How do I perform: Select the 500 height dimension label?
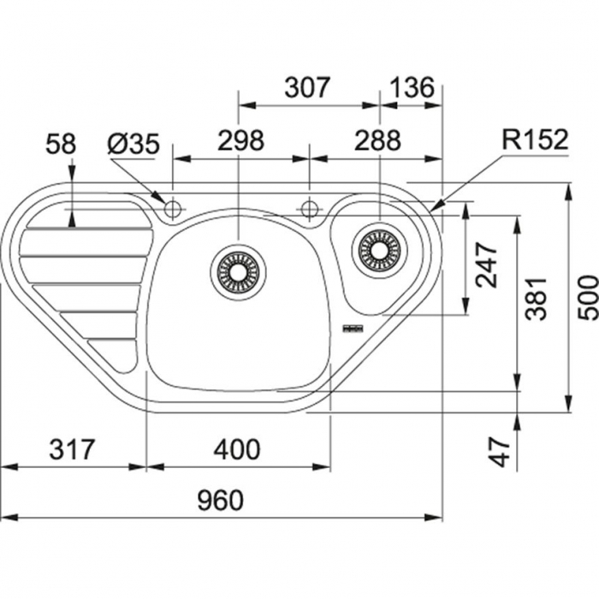(x=587, y=297)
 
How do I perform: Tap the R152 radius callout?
(x=534, y=140)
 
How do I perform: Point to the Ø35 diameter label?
(x=133, y=144)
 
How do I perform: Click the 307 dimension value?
(x=306, y=88)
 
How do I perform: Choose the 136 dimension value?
(x=412, y=88)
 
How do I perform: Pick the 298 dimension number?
(x=240, y=140)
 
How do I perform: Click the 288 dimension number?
(x=377, y=140)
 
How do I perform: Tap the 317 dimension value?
(x=71, y=448)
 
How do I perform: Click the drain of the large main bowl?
(x=238, y=271)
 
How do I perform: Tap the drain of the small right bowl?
(x=378, y=249)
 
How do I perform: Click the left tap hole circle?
(x=172, y=208)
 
